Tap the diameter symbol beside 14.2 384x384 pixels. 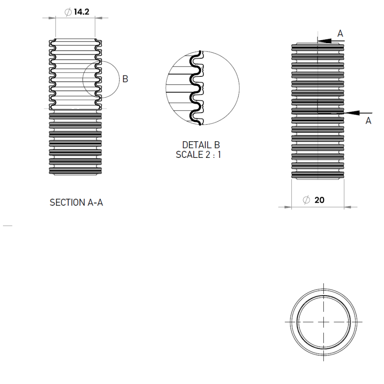click(68, 12)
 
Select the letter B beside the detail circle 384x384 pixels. click(125, 79)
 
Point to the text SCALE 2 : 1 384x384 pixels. click(198, 154)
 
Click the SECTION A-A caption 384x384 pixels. click(76, 203)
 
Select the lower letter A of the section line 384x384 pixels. click(368, 121)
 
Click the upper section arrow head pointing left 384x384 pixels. click(323, 41)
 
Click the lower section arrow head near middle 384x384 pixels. click(350, 113)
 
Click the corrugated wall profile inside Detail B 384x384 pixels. click(197, 92)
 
